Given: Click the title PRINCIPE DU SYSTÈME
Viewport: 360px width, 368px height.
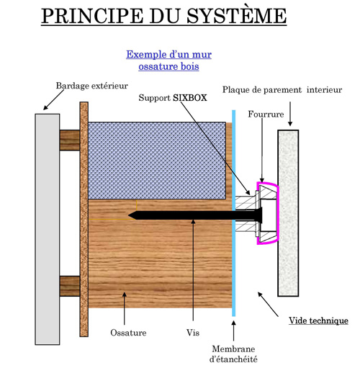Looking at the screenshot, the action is point(164,16).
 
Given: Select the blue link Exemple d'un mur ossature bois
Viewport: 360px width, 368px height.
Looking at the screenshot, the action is point(168,60).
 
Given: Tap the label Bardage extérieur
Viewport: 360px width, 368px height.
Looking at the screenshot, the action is point(92,86).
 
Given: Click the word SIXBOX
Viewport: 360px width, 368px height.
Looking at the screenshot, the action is point(190,98).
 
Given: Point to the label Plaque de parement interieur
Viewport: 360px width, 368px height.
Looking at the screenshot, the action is point(282,90).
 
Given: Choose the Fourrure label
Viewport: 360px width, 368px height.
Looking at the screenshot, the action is point(266,114).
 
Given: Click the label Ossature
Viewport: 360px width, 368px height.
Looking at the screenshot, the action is point(128,333).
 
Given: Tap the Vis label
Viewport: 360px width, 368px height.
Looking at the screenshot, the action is point(193,333).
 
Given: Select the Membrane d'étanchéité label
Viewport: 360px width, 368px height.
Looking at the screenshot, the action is point(233,354).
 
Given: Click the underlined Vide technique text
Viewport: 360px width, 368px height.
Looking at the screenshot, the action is point(318,320).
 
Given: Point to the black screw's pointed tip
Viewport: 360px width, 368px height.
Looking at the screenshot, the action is point(129,215).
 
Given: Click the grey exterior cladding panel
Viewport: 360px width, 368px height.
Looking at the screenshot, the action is point(48,229).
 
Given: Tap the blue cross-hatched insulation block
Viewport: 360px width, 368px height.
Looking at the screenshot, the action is point(157,161).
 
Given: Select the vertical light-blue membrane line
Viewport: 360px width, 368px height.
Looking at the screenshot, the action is point(234,213).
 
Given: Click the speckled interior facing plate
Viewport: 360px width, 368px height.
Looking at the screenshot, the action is point(288,213).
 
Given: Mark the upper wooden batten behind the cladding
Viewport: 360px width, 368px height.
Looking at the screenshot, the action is point(70,140).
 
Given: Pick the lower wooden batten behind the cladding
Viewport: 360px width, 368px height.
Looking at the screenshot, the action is point(70,286).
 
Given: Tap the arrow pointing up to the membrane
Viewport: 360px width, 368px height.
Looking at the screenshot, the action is point(233,331).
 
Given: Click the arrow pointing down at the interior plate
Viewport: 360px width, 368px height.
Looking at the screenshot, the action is point(290,114).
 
